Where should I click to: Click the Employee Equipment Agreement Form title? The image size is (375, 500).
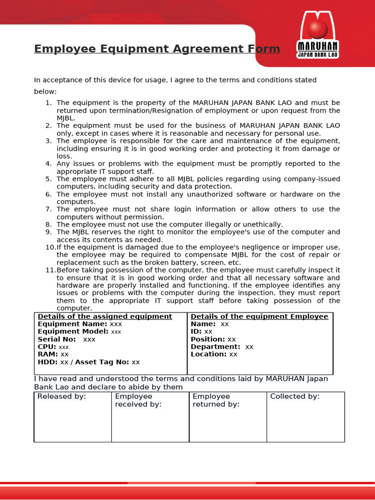point(157,49)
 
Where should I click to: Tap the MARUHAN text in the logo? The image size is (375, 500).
point(318,47)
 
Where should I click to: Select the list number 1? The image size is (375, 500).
point(48,103)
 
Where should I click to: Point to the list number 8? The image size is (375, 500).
point(48,225)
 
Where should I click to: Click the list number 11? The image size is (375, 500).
point(51,270)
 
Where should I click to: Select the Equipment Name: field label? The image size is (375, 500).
point(72,324)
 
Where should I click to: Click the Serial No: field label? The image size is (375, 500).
point(57,339)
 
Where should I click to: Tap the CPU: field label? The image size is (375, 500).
point(47,347)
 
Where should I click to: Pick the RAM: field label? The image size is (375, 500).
point(47,354)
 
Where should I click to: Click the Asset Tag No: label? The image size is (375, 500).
point(102,362)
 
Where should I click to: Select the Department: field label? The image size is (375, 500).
point(215,347)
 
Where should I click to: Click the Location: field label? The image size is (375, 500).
point(208,354)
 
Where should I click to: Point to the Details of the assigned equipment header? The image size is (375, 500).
point(105,316)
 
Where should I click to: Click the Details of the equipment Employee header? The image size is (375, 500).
point(259,316)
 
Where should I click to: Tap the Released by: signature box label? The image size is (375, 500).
point(62,396)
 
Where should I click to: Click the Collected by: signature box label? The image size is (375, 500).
point(295,396)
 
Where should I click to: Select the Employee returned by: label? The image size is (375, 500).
point(216,400)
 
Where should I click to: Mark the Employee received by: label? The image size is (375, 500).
point(138,400)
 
